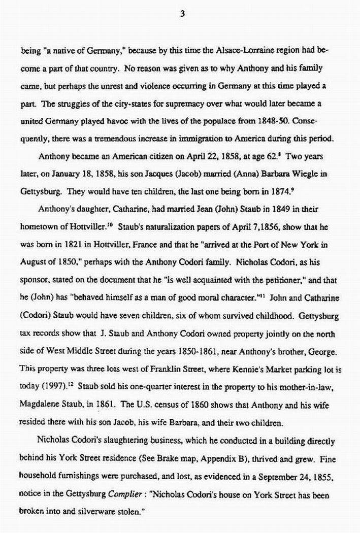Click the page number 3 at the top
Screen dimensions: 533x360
pos(181,14)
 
